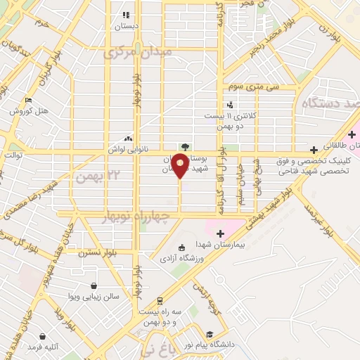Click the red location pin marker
pyautogui.click(x=180, y=167)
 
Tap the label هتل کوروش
pyautogui.click(x=28, y=111)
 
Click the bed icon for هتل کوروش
pyautogui.click(x=28, y=100)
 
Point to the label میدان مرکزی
pyautogui.click(x=138, y=53)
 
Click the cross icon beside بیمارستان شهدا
pyautogui.click(x=221, y=233)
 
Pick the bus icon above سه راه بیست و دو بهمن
pyautogui.click(x=160, y=299)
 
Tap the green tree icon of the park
pyautogui.click(x=185, y=147)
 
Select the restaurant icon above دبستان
pyautogui.click(x=127, y=15)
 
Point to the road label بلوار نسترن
pyautogui.click(x=96, y=250)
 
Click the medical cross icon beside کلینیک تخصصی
pyautogui.click(x=314, y=150)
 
